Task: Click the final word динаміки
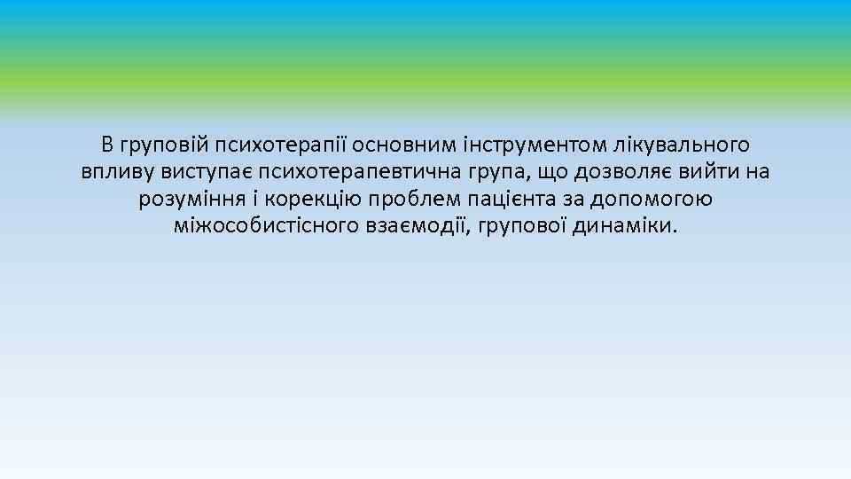point(629,227)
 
